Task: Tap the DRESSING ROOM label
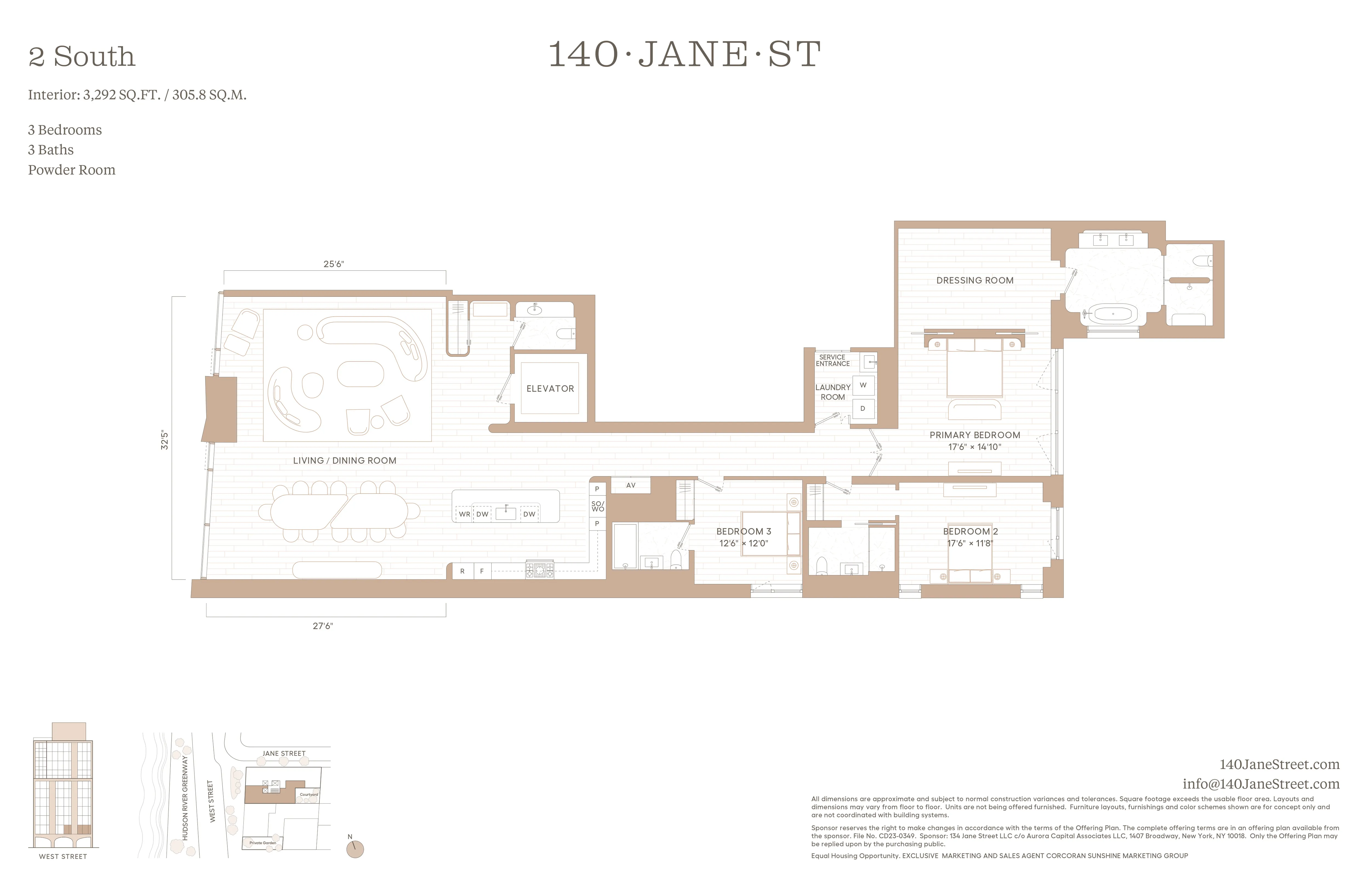(x=975, y=280)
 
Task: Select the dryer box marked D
(x=863, y=408)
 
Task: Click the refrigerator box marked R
(x=462, y=571)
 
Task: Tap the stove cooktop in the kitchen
(x=539, y=570)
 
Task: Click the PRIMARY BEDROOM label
(x=975, y=435)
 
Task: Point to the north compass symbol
(x=355, y=848)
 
